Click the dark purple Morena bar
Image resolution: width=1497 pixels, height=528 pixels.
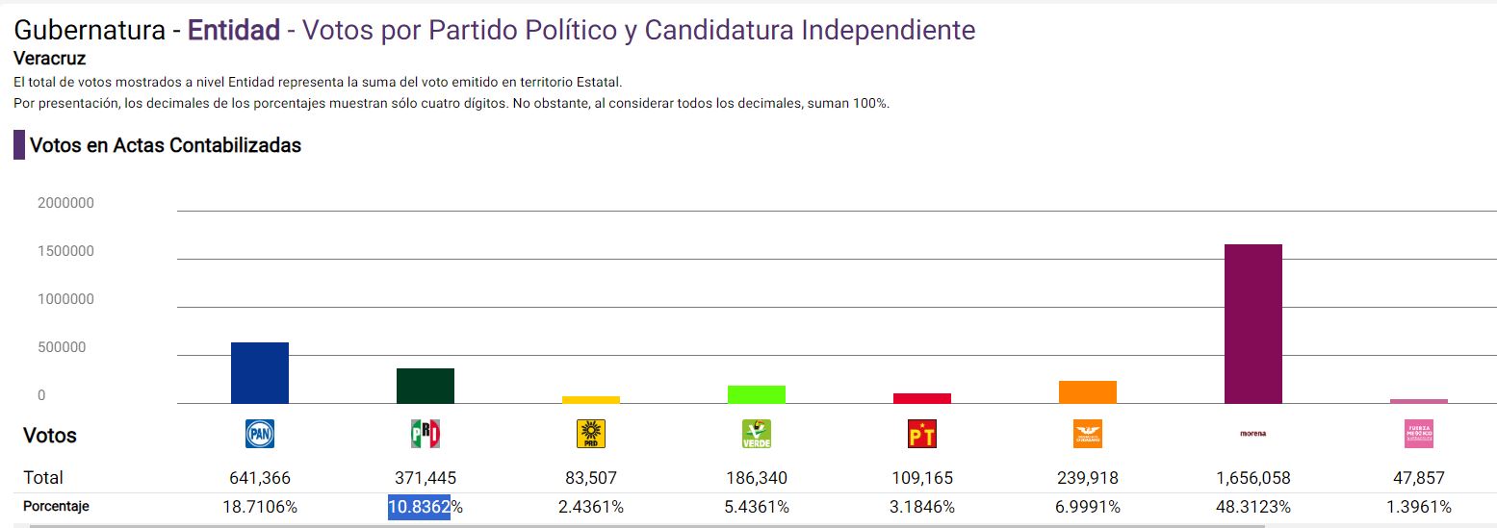[x=1252, y=323]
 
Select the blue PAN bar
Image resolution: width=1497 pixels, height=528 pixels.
[x=260, y=372]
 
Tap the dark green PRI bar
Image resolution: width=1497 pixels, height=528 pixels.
[x=426, y=386]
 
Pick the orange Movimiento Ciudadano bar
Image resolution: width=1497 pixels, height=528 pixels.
[x=1088, y=391]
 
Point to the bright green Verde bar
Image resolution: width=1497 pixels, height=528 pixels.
[x=757, y=394]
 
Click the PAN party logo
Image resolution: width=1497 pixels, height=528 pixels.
[x=260, y=434]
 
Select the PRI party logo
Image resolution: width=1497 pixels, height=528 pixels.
[x=426, y=434]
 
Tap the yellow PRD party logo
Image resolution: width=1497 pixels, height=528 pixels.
[x=591, y=434]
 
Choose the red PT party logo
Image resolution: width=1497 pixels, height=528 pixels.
[x=922, y=434]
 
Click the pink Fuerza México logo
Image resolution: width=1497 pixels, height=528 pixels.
[x=1419, y=434]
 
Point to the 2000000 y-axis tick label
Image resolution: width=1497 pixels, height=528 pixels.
[x=65, y=203]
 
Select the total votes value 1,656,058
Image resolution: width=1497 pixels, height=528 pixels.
[x=1252, y=478]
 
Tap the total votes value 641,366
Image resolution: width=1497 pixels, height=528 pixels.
[x=260, y=478]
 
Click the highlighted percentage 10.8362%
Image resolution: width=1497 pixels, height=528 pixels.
[x=425, y=507]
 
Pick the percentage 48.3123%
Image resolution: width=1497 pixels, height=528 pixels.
[x=1252, y=507]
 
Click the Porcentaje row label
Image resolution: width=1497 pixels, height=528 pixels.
[x=56, y=506]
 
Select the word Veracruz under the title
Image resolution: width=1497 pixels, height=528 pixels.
[x=50, y=59]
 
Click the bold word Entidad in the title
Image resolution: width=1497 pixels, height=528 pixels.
[x=233, y=30]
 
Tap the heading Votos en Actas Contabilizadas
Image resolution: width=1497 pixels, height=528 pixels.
[x=166, y=145]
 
